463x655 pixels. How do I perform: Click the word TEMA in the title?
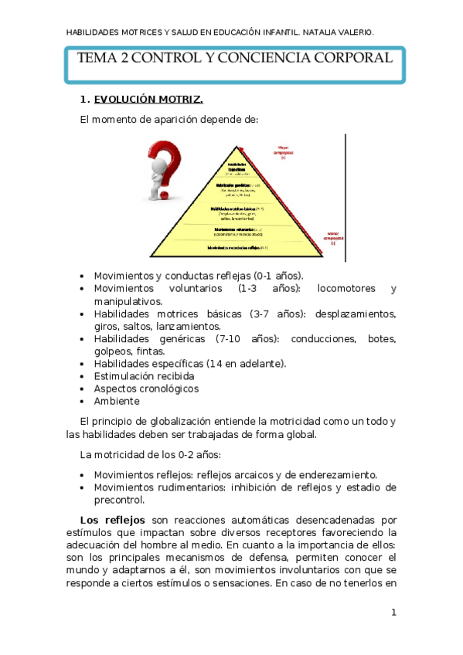pyautogui.click(x=98, y=59)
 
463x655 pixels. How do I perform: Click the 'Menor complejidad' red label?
pyautogui.click(x=333, y=237)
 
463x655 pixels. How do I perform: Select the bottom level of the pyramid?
pyautogui.click(x=237, y=248)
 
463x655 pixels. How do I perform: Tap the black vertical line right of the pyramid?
pyautogui.click(x=346, y=197)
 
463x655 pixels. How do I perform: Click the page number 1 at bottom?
pyautogui.click(x=393, y=613)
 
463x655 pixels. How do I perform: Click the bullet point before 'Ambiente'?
pyautogui.click(x=83, y=402)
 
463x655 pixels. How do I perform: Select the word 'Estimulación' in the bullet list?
pyautogui.click(x=127, y=376)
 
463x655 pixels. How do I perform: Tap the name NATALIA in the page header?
pyautogui.click(x=313, y=32)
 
